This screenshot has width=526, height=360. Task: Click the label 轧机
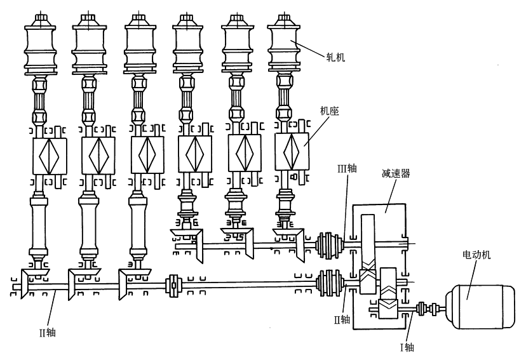click(335, 57)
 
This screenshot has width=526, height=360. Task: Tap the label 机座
click(330, 110)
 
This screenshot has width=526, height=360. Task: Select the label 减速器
click(396, 173)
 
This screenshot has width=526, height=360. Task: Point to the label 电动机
click(476, 255)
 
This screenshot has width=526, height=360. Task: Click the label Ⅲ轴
click(347, 168)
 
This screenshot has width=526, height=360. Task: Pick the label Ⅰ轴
click(407, 347)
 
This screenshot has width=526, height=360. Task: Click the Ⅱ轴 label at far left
click(47, 333)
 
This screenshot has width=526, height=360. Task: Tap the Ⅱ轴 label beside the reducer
click(342, 319)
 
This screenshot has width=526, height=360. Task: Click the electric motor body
click(480, 307)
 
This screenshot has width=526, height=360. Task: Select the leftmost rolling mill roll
click(40, 45)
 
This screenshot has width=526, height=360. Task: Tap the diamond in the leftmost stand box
click(49, 155)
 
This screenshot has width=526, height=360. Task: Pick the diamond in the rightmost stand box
click(291, 153)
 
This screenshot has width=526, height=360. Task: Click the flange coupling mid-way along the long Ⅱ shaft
click(173, 286)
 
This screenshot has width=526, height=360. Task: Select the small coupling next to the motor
click(427, 309)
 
